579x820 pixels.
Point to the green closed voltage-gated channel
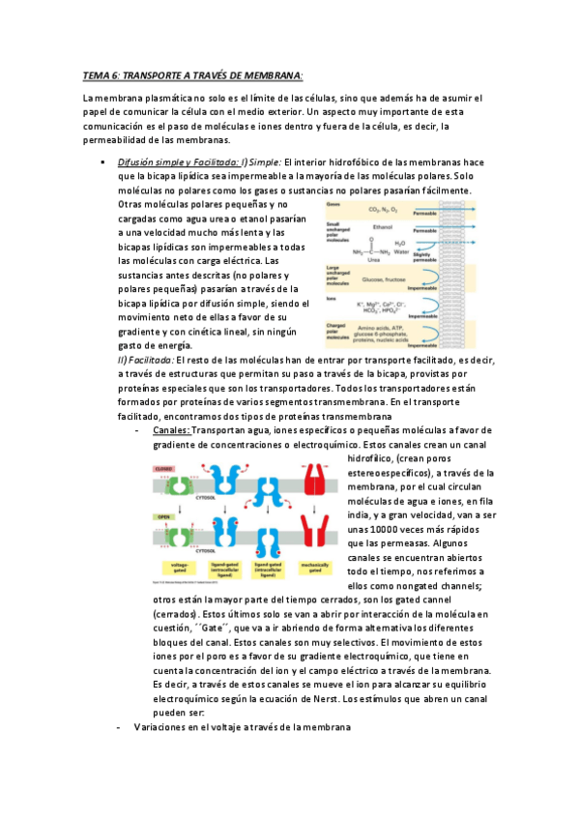[x=164, y=484]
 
